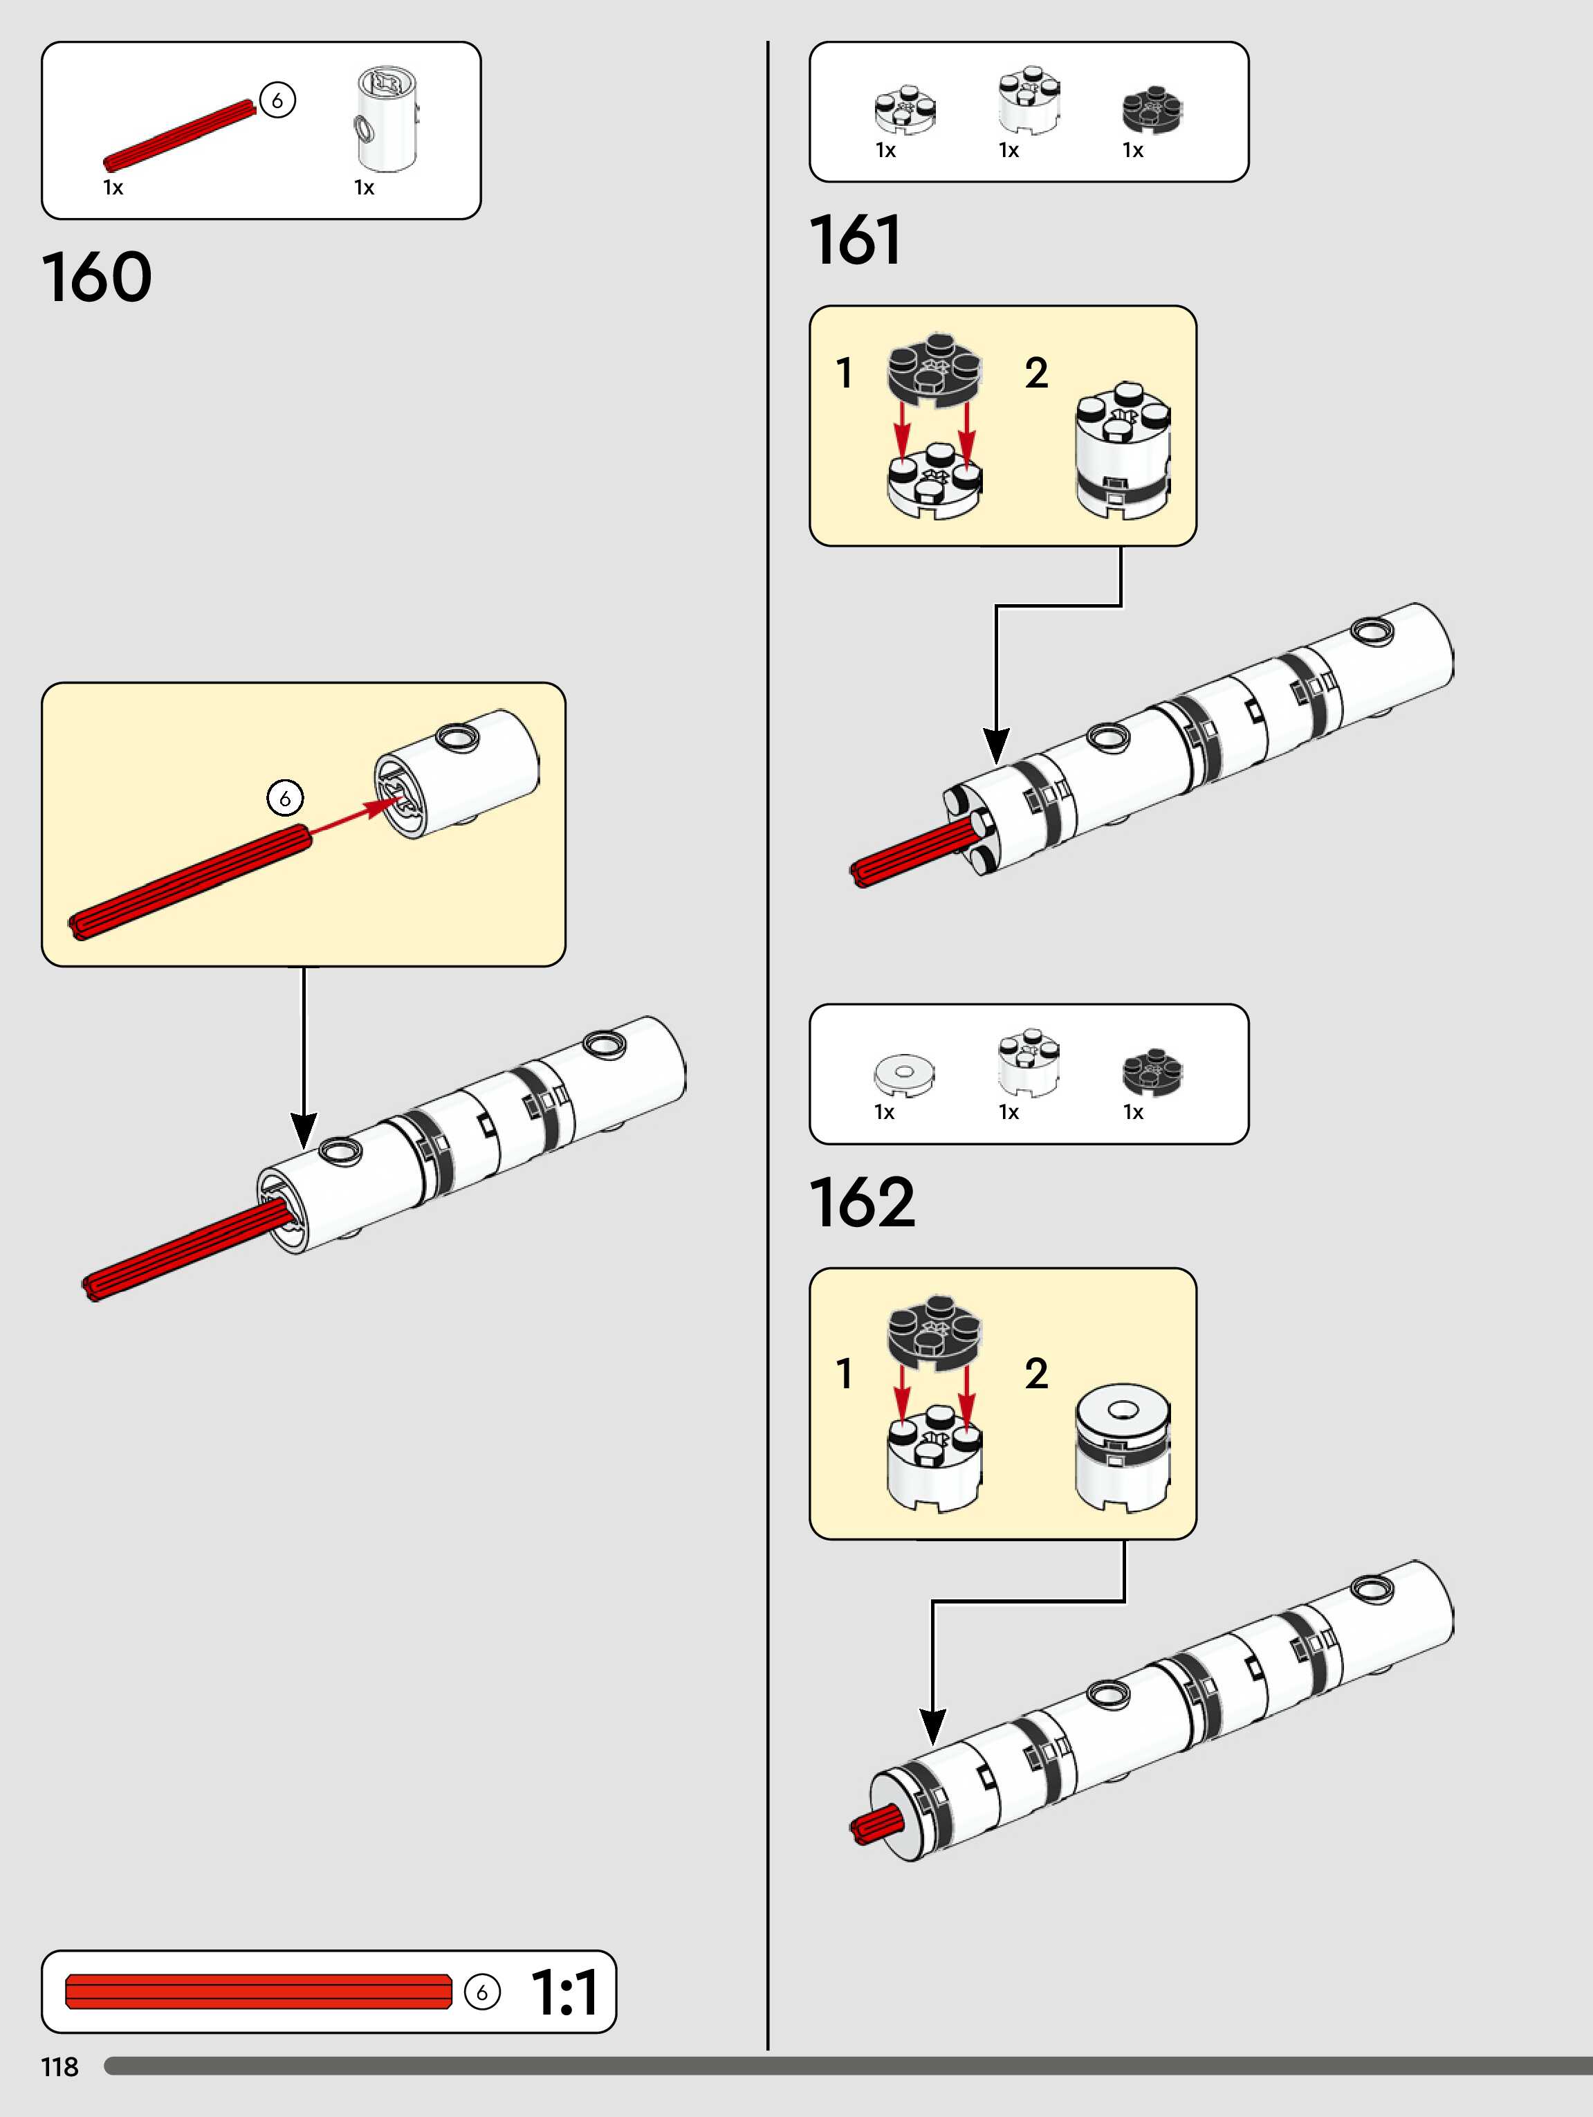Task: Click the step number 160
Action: click(97, 278)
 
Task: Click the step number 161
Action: click(856, 240)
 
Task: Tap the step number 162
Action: click(862, 1202)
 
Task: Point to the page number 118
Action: click(59, 2066)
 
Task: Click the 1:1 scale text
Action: click(564, 1992)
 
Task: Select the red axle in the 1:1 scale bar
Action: click(258, 1992)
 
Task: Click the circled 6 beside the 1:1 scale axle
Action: click(482, 1992)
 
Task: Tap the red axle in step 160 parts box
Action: click(180, 136)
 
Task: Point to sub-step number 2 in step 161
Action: click(1036, 373)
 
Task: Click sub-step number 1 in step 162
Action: click(844, 1373)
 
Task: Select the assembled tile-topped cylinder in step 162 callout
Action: click(1122, 1447)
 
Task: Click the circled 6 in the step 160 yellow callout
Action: click(284, 797)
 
